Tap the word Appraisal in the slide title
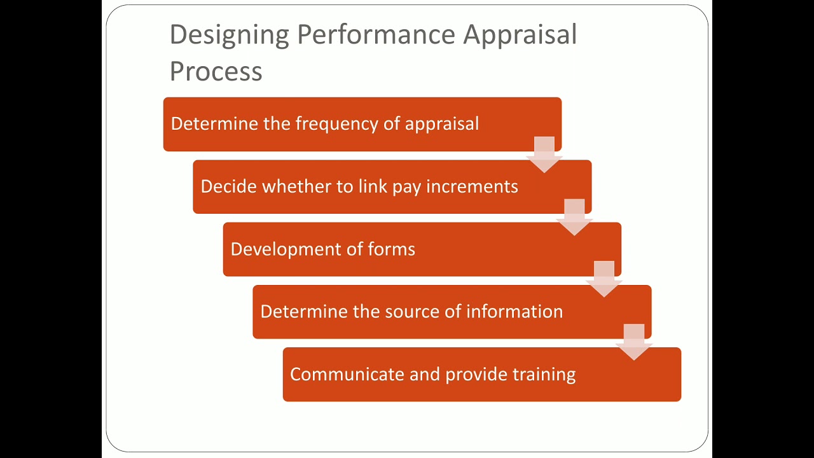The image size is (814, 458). pyautogui.click(x=520, y=35)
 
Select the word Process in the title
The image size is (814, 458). pyautogui.click(x=216, y=71)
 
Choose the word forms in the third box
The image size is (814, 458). pyautogui.click(x=392, y=249)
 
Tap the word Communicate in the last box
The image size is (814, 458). pyautogui.click(x=347, y=374)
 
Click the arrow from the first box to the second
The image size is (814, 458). pyautogui.click(x=544, y=155)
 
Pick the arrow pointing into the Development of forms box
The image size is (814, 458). pyautogui.click(x=574, y=217)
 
